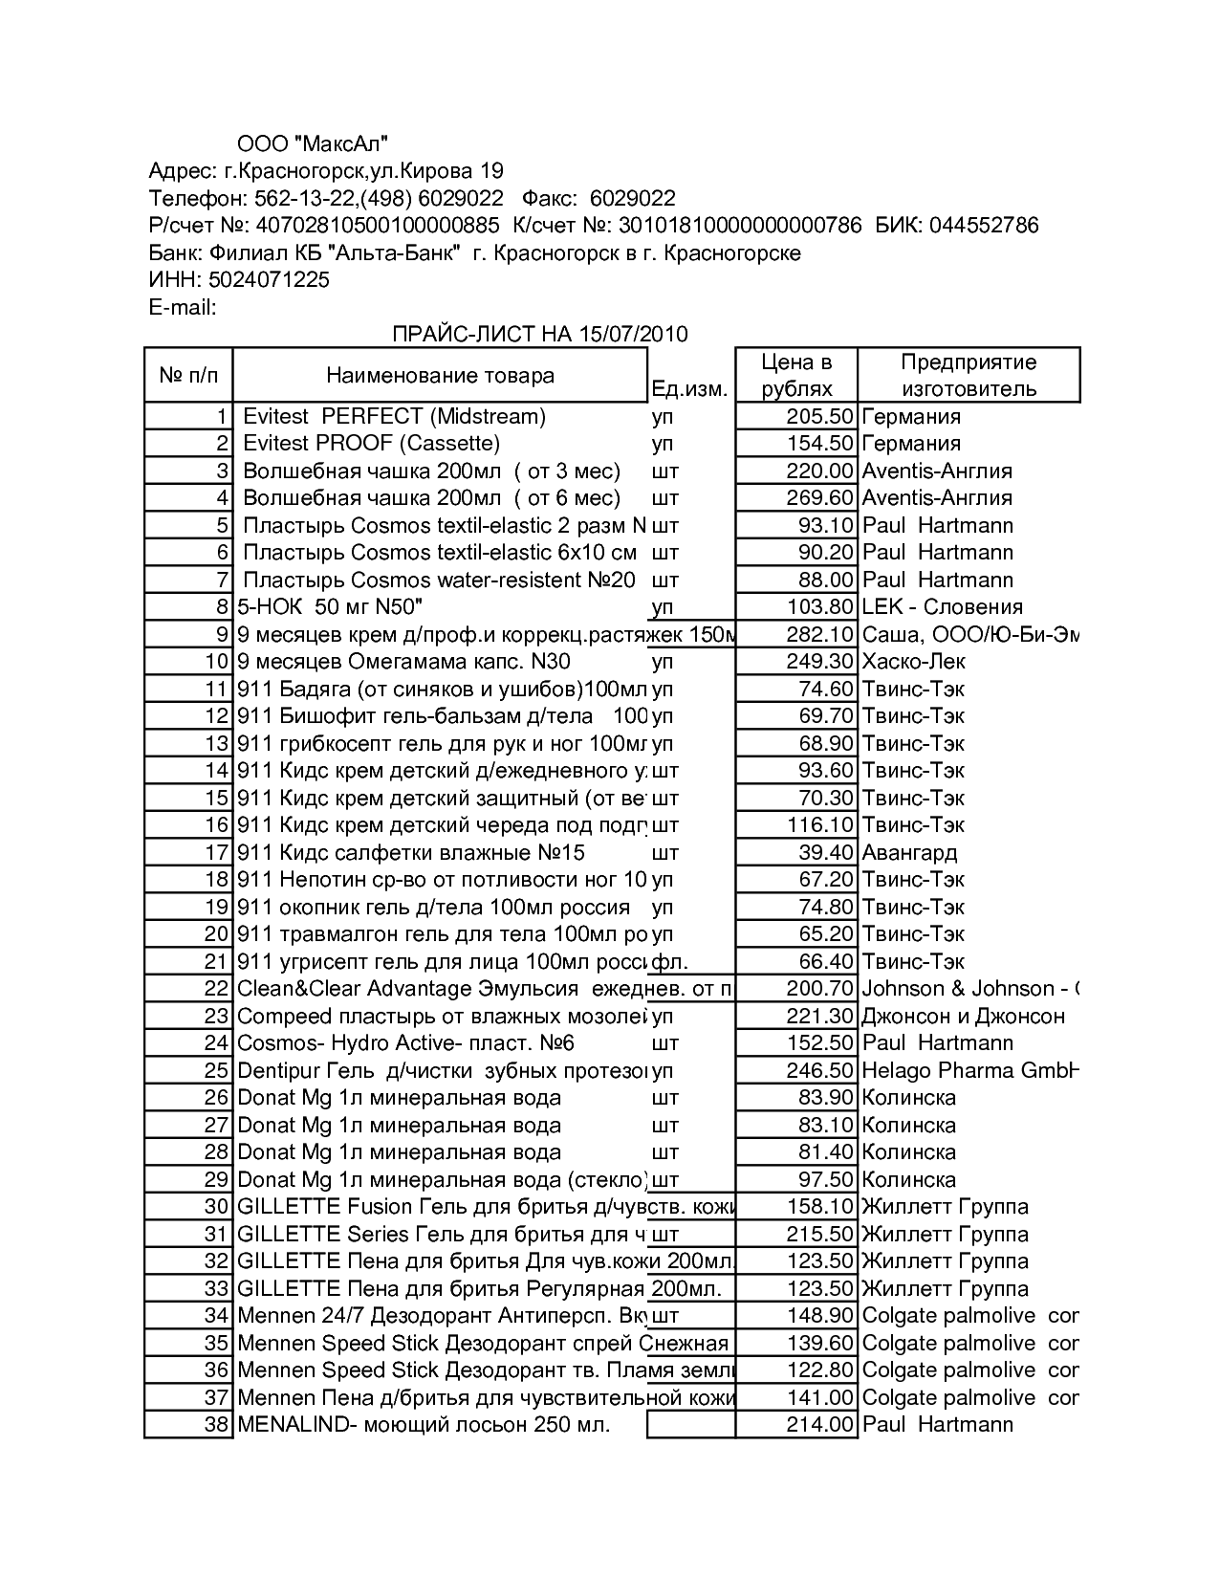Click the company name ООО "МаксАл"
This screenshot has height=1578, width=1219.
coord(313,143)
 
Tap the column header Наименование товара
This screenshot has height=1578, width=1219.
coord(440,375)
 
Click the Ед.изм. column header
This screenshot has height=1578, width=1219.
coord(689,388)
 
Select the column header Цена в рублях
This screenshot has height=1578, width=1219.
coord(796,375)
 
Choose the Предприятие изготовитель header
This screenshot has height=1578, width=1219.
coord(969,375)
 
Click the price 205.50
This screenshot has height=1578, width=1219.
coord(819,416)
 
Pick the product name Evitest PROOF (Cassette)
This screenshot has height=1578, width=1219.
coord(371,443)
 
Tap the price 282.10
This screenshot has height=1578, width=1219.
coord(819,634)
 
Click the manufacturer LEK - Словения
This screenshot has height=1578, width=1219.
coord(942,606)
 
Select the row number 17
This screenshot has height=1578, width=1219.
coord(217,852)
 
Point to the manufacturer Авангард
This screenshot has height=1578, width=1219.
coord(909,852)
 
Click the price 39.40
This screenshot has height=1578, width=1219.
coord(825,852)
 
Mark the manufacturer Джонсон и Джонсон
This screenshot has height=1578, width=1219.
coord(964,1016)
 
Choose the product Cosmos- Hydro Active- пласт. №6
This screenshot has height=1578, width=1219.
coord(405,1042)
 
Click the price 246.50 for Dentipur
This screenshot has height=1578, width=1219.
coord(819,1070)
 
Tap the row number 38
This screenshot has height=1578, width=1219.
coord(217,1424)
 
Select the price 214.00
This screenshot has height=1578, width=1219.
coord(819,1424)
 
